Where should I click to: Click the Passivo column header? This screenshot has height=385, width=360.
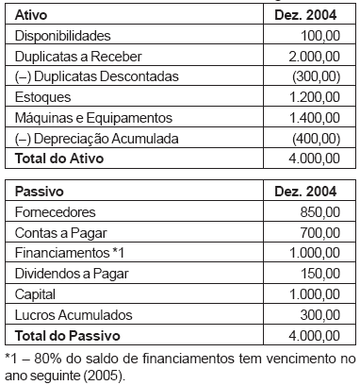(x=36, y=192)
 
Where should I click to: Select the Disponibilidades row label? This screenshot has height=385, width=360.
(x=64, y=35)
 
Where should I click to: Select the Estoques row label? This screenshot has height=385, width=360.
(x=42, y=97)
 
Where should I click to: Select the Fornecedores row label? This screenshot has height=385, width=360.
(x=57, y=212)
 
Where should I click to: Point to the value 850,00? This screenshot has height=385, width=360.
(x=318, y=212)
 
